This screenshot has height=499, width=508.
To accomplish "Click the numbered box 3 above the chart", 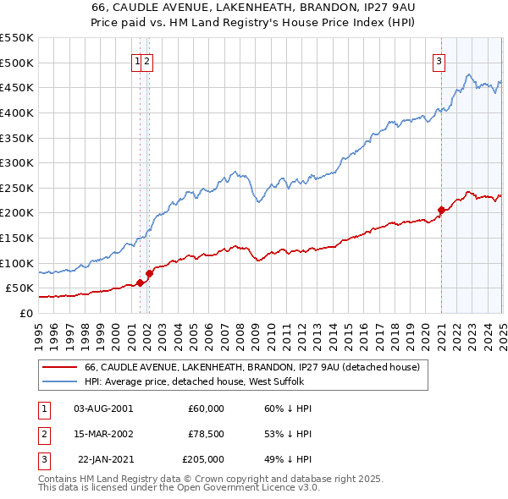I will pos(439,59).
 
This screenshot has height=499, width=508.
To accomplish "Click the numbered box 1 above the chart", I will pos(136,59).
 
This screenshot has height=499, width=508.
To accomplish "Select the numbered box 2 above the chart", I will pos(147,59).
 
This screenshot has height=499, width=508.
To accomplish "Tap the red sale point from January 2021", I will pos(441,210).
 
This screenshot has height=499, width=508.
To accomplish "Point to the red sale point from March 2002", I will pos(149,273).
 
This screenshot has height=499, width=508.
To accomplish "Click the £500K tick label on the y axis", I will pos(17,63).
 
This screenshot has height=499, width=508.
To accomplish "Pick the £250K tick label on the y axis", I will pos(17,188).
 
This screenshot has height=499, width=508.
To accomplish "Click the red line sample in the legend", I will pos(60,367).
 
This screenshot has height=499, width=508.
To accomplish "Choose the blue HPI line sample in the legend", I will pos(60,382).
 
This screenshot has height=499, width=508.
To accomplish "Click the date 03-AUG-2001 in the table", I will pos(103,408).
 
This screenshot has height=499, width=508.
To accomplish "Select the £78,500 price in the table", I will pos(206,433).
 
